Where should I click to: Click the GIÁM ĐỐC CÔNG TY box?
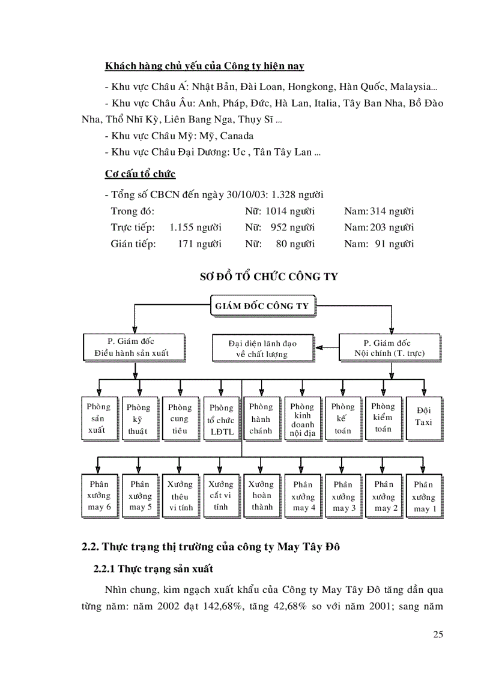tap(262, 306)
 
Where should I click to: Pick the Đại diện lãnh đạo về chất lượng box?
tap(262, 348)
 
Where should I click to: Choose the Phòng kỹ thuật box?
tap(139, 418)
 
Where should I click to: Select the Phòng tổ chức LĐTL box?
tap(221, 418)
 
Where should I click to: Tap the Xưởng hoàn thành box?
tap(261, 495)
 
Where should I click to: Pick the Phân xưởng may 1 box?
tap(423, 496)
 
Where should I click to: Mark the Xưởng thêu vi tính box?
tap(179, 496)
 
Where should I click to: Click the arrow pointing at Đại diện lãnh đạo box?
tap(324, 346)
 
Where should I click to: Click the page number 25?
tap(437, 634)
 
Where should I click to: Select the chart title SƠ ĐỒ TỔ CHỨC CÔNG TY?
tap(268, 277)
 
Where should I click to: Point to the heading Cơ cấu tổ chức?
tap(140, 174)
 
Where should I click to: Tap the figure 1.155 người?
tap(195, 227)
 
